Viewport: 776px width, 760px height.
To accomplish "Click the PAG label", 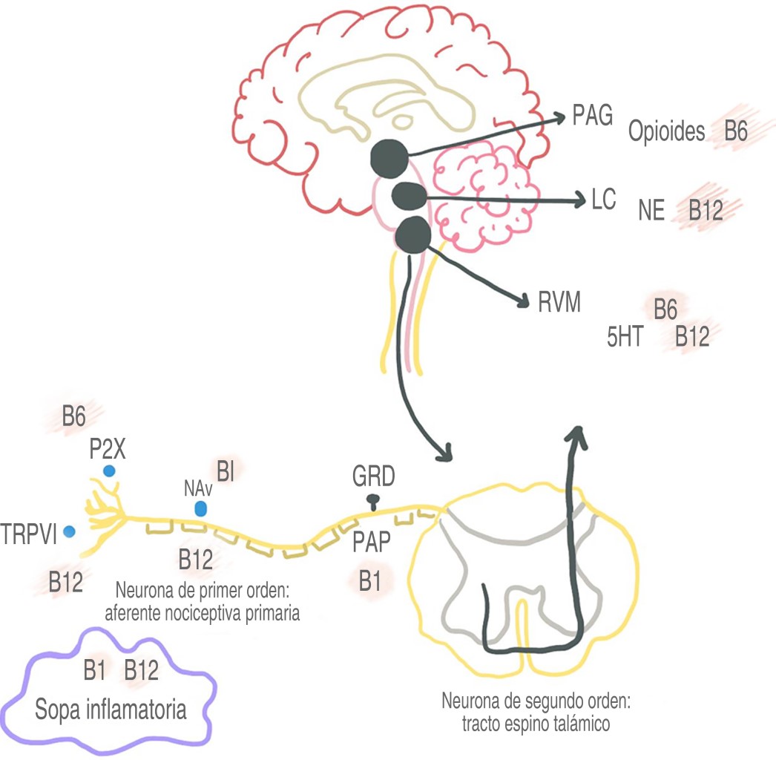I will click(592, 117).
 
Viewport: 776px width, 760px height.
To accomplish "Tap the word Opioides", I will click(666, 132).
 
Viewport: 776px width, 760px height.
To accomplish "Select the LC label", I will click(604, 200).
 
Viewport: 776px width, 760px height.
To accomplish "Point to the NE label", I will click(652, 212).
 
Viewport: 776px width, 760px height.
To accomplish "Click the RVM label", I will click(559, 302).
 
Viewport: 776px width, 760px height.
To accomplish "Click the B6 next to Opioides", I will click(734, 132).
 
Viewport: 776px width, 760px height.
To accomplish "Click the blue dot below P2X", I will click(110, 471).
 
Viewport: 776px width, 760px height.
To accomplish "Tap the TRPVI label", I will click(30, 534).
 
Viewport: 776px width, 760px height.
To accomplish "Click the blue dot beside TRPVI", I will click(70, 531).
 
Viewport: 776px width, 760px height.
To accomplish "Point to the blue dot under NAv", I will click(200, 509).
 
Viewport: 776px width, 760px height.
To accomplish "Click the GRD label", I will click(374, 476).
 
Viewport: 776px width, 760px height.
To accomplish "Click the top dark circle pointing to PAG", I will click(389, 157).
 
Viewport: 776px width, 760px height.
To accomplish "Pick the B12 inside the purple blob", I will click(141, 671).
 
